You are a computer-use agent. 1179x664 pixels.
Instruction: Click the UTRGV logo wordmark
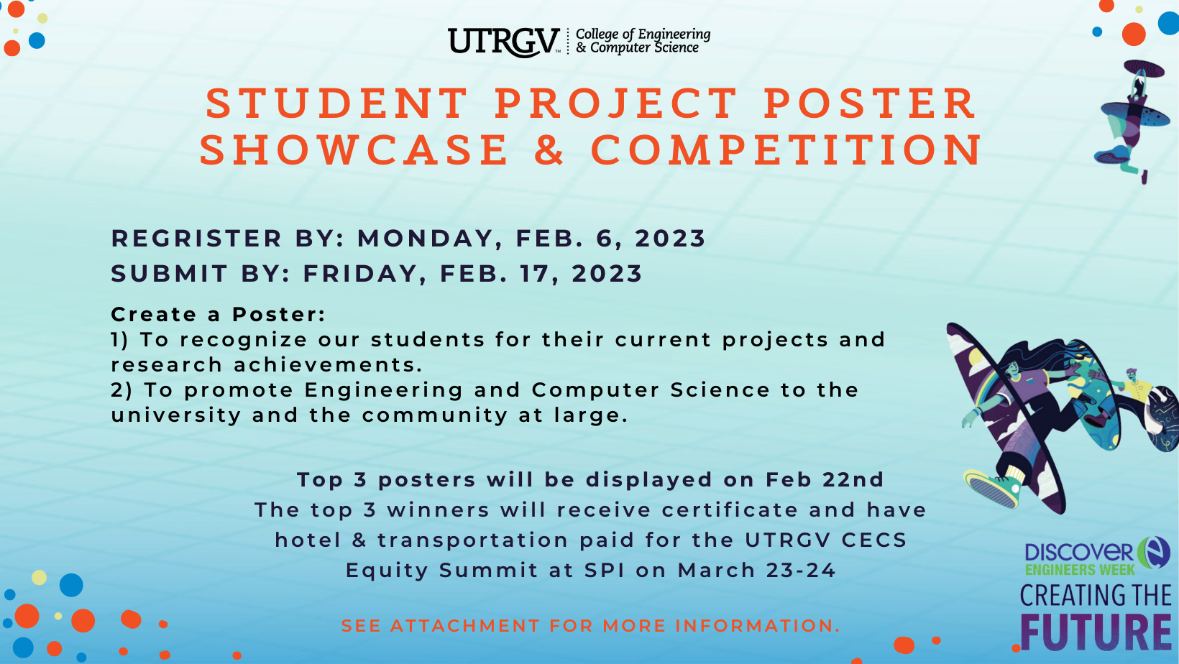click(504, 42)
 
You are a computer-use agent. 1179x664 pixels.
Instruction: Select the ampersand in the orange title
click(550, 149)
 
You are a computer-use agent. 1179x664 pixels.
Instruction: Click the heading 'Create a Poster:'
click(219, 315)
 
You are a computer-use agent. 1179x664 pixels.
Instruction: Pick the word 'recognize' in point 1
click(244, 340)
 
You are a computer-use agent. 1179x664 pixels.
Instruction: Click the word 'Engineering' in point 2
click(384, 390)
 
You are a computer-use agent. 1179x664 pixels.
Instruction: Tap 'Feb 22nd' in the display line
click(825, 479)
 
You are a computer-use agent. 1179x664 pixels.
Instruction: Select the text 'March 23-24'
click(756, 571)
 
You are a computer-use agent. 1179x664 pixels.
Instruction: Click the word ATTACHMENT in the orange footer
click(465, 626)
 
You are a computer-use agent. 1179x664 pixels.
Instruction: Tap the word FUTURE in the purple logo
click(1096, 632)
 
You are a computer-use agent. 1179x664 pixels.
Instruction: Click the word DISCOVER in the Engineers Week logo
click(1079, 553)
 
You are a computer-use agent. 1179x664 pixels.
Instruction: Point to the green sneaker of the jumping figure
click(992, 488)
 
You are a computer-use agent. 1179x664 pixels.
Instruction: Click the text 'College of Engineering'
click(643, 34)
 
